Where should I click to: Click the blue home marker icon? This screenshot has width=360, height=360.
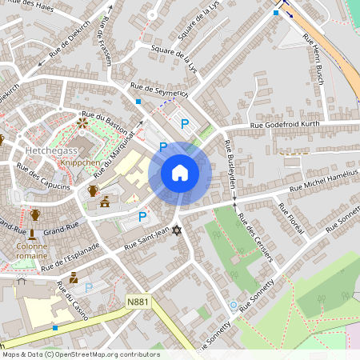[180, 172]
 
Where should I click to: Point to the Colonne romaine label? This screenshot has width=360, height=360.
[30, 254]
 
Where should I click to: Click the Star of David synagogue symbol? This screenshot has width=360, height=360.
[177, 231]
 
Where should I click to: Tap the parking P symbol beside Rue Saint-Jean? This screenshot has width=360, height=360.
[142, 216]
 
